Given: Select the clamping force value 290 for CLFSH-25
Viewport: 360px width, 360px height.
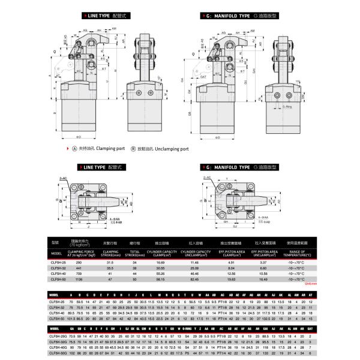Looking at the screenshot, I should [77, 262].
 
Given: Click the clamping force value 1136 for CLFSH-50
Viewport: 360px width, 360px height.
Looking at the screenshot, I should [77, 278].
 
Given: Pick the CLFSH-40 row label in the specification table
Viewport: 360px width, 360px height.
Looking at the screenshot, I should [57, 273].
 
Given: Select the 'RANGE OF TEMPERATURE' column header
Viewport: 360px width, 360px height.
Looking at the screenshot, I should [296, 253].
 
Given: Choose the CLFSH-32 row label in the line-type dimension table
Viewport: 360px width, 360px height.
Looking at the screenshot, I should [58, 307].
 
